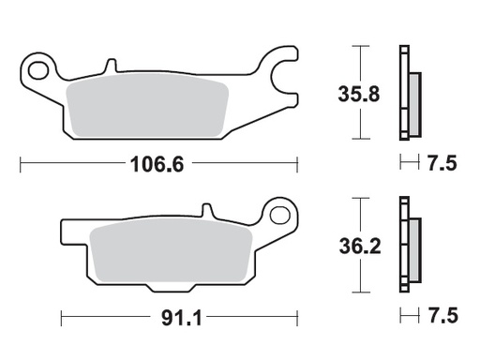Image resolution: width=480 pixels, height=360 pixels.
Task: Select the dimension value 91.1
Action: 171,316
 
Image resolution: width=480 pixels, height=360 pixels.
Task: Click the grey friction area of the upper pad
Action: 150,104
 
